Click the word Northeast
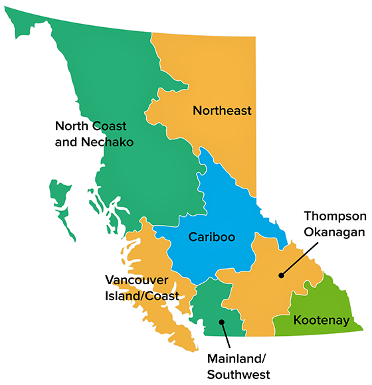pyautogui.click(x=222, y=111)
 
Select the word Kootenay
pyautogui.click(x=321, y=321)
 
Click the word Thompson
pyautogui.click(x=335, y=216)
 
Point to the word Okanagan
pyautogui.click(x=335, y=232)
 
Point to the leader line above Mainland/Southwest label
pyautogui.click(x=227, y=336)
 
